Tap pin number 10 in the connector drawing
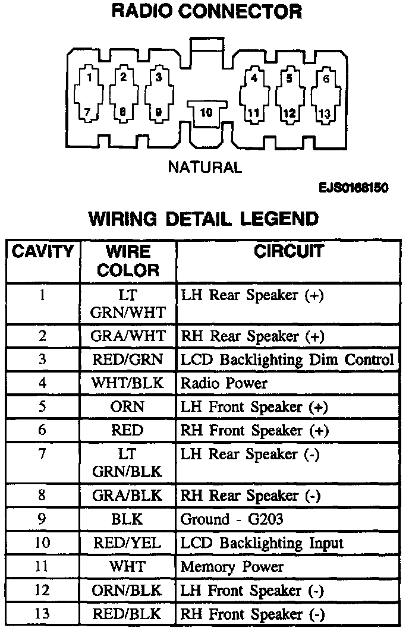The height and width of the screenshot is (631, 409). pyautogui.click(x=206, y=111)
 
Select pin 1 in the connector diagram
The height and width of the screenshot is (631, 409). pyautogui.click(x=89, y=77)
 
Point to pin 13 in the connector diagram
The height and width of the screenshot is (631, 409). pyautogui.click(x=325, y=113)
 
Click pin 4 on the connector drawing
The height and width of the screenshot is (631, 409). pyautogui.click(x=254, y=78)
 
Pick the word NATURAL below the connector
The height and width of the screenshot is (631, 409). pyautogui.click(x=205, y=168)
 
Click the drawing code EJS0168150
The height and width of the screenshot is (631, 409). pyautogui.click(x=353, y=188)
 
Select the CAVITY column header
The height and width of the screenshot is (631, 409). pyautogui.click(x=43, y=251)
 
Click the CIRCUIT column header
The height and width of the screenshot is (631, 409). pyautogui.click(x=288, y=251)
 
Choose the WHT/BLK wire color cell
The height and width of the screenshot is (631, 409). pyautogui.click(x=128, y=383)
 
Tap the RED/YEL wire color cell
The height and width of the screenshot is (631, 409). pyautogui.click(x=128, y=542)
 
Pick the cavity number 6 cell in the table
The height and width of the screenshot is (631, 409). pyautogui.click(x=43, y=430)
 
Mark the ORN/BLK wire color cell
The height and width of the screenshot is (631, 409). pyautogui.click(x=128, y=591)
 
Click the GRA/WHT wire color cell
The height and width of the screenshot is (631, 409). pyautogui.click(x=128, y=336)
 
